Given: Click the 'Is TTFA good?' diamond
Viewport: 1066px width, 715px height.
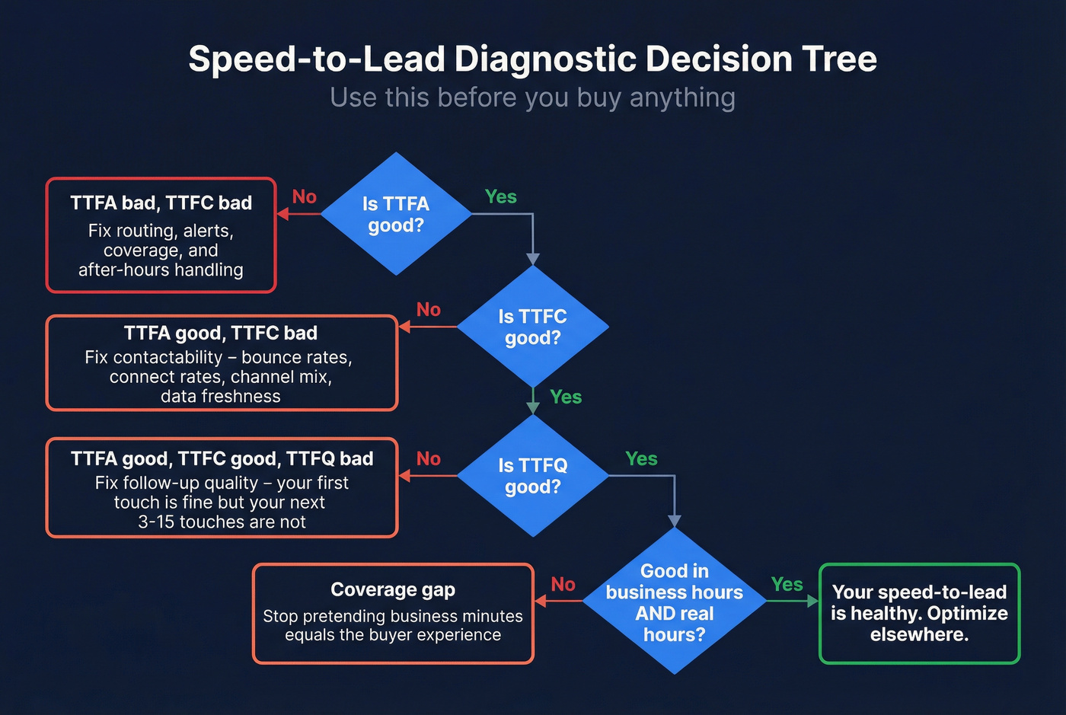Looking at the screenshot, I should click(x=396, y=214).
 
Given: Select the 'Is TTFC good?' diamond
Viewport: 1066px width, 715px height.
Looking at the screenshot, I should click(x=532, y=327).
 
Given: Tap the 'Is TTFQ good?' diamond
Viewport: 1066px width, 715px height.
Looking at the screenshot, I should click(x=532, y=476).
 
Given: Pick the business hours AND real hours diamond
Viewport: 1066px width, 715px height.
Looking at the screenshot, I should click(x=675, y=602).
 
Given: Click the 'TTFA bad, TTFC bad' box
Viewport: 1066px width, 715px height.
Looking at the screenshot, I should click(x=161, y=235).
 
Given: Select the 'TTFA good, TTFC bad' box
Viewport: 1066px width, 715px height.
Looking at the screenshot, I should click(x=222, y=363).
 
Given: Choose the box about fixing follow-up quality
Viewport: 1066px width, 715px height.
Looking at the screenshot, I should click(x=222, y=488).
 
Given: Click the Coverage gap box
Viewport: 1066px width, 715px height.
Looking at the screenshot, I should click(x=393, y=614).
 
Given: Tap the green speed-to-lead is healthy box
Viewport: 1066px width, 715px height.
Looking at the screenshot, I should click(x=919, y=614).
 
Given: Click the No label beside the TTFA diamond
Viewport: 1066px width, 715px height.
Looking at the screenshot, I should click(x=304, y=196).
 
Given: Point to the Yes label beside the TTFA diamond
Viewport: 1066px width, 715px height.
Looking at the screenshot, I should click(x=500, y=196).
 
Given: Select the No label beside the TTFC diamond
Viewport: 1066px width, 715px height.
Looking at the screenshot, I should click(x=429, y=309).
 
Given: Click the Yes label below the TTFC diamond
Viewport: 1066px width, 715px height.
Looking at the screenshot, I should click(x=566, y=397).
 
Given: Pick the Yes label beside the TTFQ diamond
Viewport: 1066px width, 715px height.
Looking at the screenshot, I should click(x=641, y=458).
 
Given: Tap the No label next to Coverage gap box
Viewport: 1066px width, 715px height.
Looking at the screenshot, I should click(x=563, y=584).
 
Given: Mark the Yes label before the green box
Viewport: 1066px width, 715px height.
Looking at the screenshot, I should click(x=787, y=584).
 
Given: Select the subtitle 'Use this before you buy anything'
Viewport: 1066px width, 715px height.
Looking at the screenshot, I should click(x=533, y=97).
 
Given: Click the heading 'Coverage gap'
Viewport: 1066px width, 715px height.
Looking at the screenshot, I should click(x=393, y=589).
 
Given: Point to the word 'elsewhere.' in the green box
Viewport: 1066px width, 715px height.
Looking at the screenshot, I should click(x=919, y=634).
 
